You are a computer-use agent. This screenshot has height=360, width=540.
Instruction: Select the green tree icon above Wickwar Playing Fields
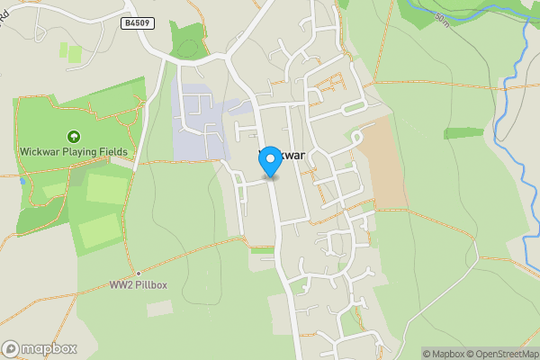coord(74,137)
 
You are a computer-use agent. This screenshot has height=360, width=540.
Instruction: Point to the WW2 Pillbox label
coord(139,285)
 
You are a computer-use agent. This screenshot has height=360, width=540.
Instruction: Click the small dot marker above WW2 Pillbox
coord(139,273)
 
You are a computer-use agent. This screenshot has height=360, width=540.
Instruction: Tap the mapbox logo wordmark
coord(49,348)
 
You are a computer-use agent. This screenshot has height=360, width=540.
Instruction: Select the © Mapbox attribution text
coord(443,354)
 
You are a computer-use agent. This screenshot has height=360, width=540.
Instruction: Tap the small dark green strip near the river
coord(463,133)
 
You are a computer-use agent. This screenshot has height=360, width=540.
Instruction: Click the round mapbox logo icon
coord(11,348)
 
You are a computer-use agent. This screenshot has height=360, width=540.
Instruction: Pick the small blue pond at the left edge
coord(21,180)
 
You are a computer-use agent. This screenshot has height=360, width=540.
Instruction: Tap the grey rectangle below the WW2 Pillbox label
coord(160,308)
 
